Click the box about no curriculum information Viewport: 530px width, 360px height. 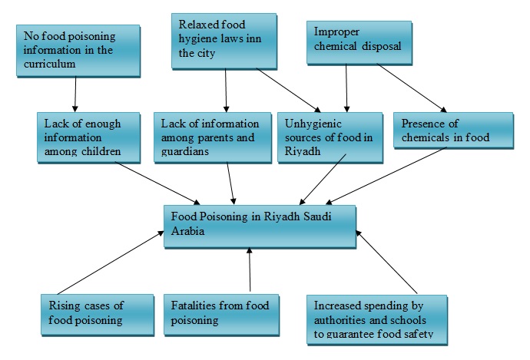pyautogui.click(x=78, y=51)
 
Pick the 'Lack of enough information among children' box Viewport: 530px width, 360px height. pyautogui.click(x=88, y=137)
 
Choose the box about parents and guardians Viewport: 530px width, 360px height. pyautogui.click(x=210, y=137)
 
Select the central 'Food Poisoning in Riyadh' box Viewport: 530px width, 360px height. pyautogui.click(x=260, y=225)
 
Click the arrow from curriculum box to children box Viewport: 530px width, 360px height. pyautogui.click(x=75, y=94)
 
